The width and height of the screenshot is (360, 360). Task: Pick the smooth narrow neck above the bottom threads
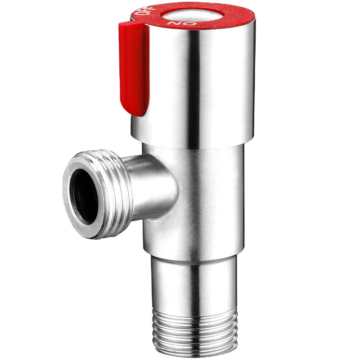point(193,279)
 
